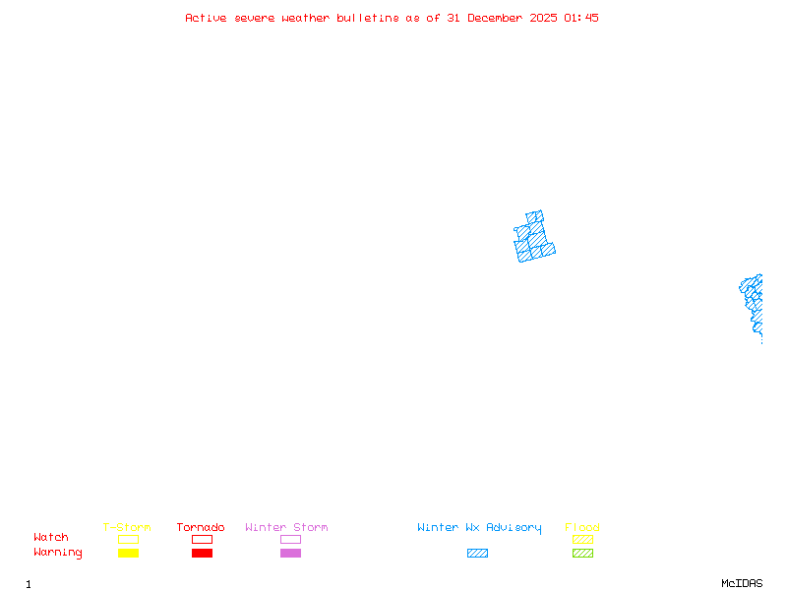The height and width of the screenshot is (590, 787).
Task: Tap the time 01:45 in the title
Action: point(581,18)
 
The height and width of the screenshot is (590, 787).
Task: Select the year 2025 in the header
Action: point(544,18)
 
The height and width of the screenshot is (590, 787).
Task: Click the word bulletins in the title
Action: point(368,18)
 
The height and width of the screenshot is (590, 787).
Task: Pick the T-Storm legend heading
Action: point(127,528)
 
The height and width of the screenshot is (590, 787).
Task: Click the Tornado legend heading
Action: point(201,528)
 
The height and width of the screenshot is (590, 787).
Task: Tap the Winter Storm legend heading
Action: point(286,528)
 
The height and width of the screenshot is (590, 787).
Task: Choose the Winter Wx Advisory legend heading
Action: point(479,528)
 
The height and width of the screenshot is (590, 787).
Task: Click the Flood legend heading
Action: point(582,528)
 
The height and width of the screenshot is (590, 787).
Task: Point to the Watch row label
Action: point(51,538)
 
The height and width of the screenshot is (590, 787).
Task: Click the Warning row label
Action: point(58,553)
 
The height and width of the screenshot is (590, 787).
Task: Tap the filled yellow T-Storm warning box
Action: point(128,554)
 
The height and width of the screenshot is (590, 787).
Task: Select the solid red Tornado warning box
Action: point(202,554)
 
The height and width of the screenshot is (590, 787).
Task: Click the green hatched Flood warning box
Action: point(582,554)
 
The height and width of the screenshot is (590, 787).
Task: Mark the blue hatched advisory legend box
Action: point(477,554)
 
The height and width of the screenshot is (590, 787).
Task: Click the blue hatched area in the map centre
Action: point(534,239)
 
